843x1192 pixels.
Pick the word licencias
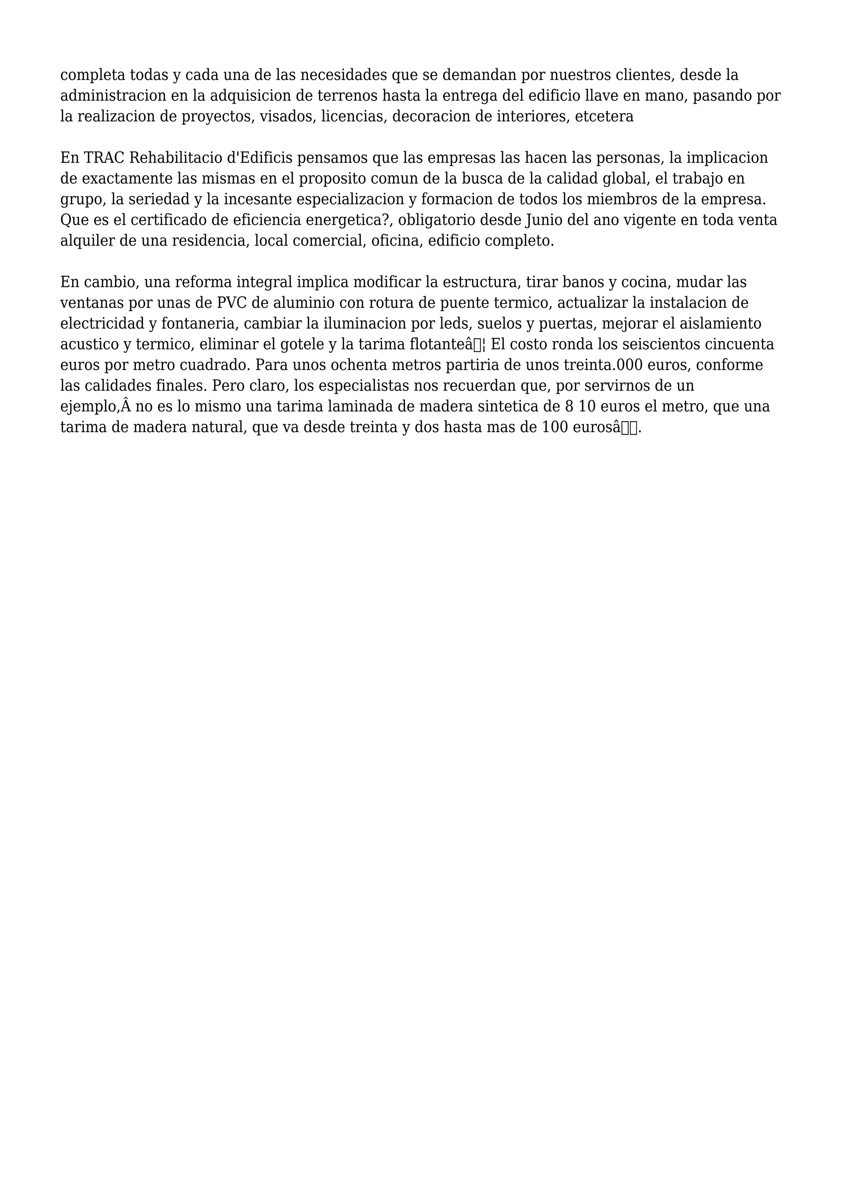click(x=354, y=116)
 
